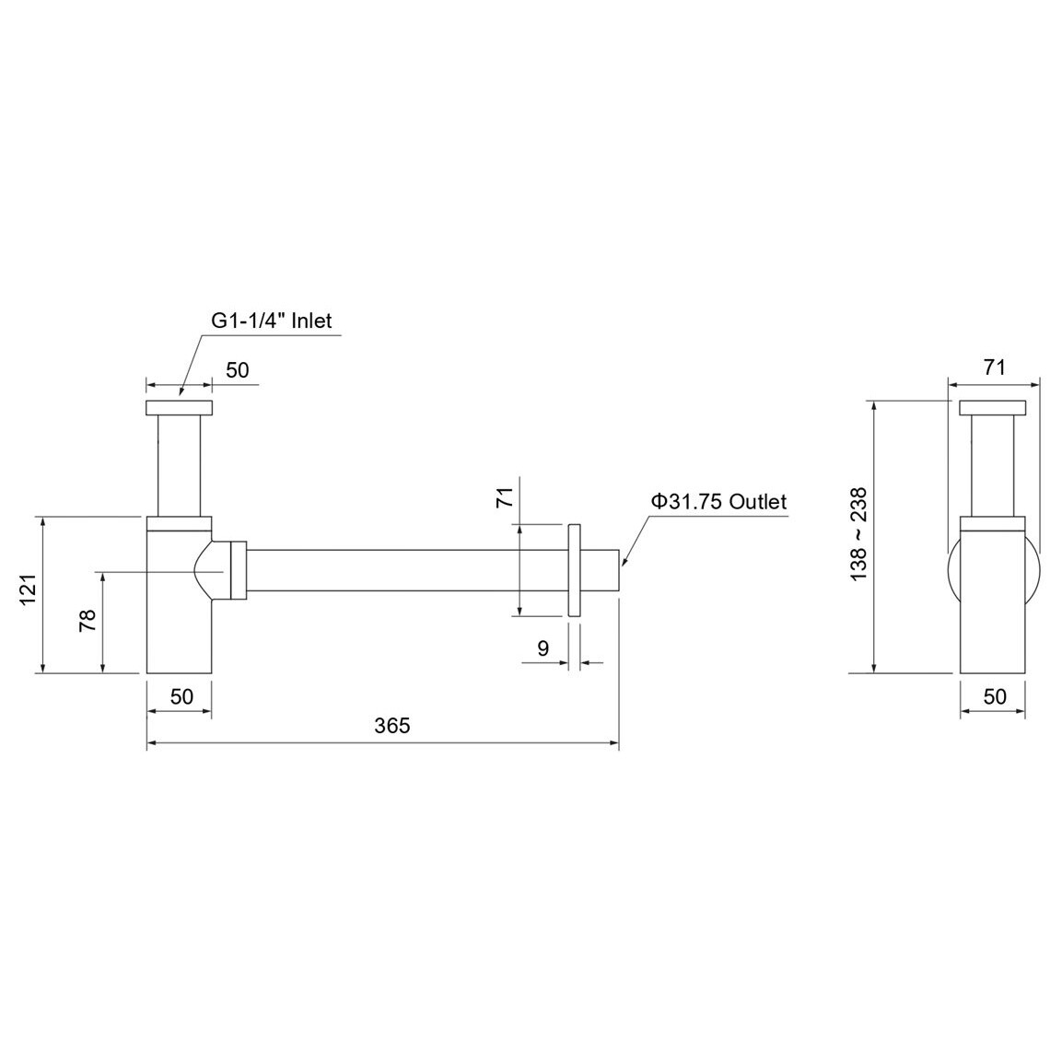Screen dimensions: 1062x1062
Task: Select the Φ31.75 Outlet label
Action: (718, 502)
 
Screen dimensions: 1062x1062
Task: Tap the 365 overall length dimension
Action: (392, 726)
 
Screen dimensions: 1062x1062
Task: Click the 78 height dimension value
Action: (88, 621)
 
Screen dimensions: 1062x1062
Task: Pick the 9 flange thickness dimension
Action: (543, 648)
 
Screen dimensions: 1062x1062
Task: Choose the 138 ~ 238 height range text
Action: (858, 533)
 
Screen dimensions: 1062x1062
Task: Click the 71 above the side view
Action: (994, 368)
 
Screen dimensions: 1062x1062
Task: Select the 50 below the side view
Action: (994, 696)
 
